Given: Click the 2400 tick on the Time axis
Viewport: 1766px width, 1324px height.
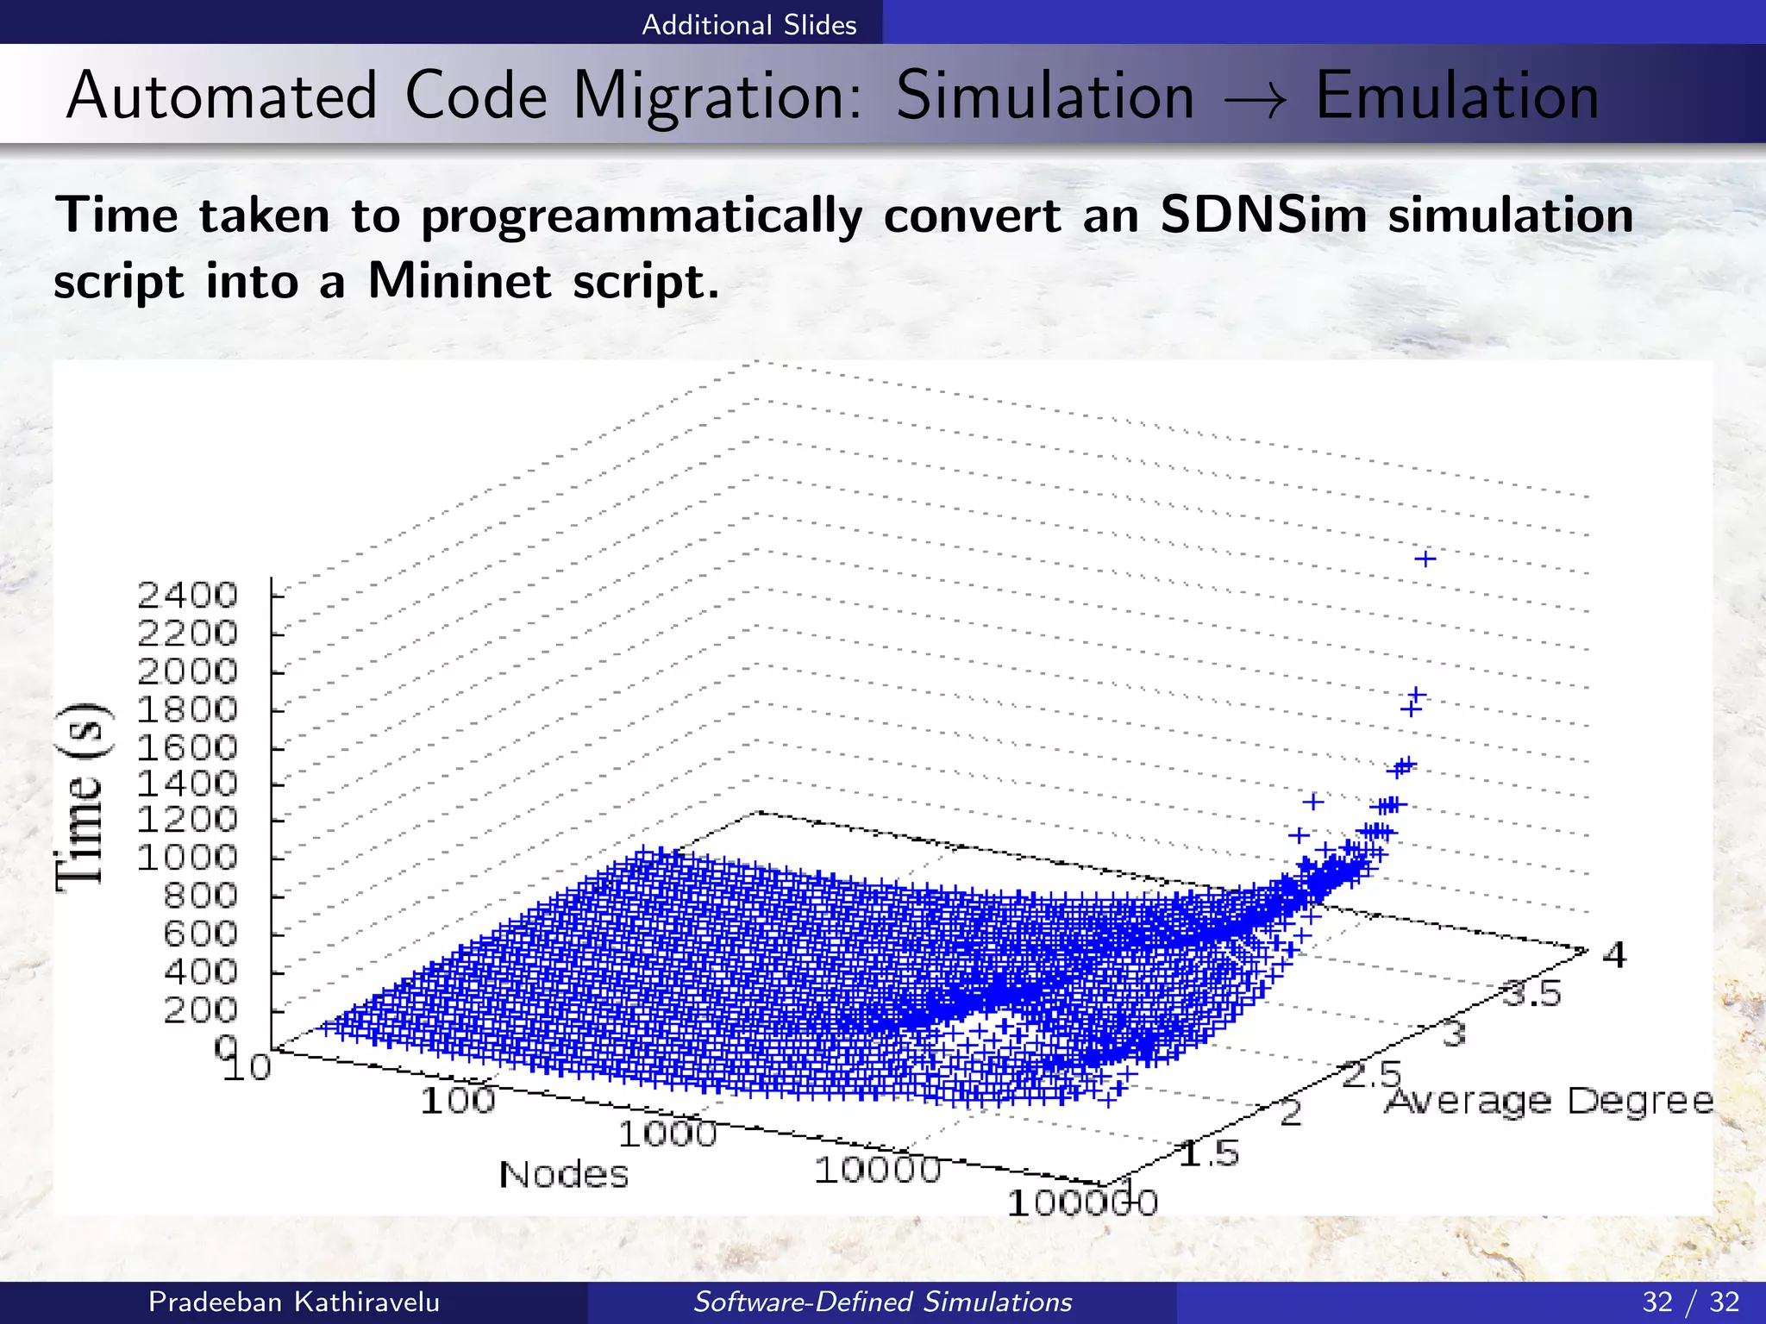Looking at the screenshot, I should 187,595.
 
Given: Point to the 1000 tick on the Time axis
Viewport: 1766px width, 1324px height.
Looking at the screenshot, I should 187,857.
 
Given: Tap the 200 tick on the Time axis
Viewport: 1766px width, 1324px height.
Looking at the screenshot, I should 200,1009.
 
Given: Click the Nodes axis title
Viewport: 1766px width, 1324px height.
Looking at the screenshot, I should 564,1174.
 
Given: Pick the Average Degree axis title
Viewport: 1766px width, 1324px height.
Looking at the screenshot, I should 1549,1101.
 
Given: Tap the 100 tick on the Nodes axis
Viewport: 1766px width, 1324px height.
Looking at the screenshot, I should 458,1101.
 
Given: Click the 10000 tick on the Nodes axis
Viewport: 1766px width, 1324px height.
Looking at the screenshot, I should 877,1170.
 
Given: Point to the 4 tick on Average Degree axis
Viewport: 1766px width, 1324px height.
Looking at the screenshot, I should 1614,955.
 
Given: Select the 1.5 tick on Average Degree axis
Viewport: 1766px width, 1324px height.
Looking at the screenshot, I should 1208,1153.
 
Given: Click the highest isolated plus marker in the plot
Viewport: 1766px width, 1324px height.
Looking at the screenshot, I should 1425,559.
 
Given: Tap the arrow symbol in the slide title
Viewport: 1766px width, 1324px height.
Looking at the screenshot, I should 1256,100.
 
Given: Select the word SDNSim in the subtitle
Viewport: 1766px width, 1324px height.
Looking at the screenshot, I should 1263,215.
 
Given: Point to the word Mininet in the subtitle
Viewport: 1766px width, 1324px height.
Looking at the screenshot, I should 460,281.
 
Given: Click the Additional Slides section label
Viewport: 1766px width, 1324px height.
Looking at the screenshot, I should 748,24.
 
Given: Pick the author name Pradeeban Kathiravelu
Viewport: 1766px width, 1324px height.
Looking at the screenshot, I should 294,1302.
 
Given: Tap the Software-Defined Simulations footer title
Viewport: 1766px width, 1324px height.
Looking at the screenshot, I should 882,1302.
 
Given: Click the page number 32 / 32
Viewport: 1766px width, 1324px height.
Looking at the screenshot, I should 1690,1302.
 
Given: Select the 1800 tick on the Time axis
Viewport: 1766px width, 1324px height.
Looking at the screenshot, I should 187,709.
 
